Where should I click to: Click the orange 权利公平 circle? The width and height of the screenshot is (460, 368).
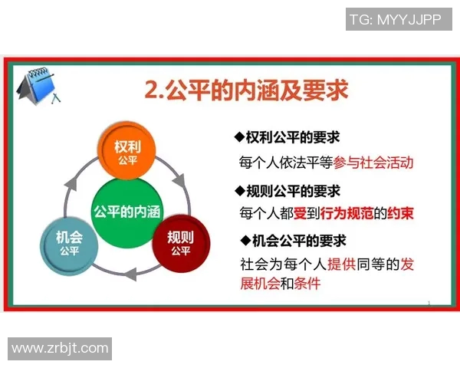127,150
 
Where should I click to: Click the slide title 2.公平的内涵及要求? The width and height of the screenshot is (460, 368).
246,91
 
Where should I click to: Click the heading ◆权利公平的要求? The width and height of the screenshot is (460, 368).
287,138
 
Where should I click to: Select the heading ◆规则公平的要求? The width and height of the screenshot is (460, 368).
287,191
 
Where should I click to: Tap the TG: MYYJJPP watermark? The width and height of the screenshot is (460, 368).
396,20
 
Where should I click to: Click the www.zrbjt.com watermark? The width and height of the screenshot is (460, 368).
60,348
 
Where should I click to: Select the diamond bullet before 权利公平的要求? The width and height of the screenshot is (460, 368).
238,138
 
